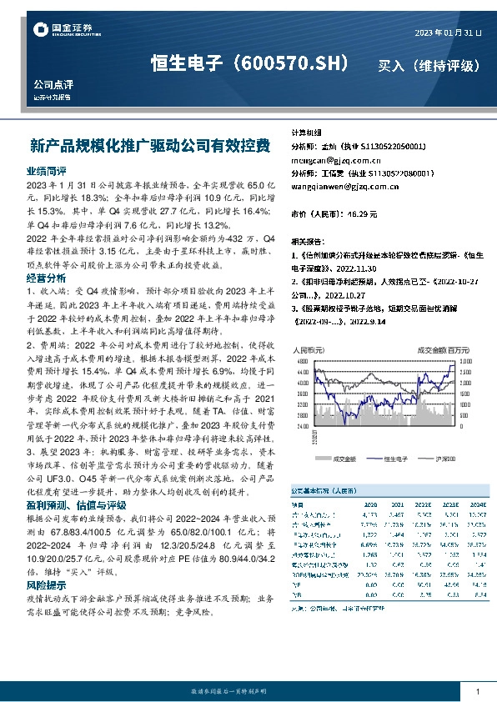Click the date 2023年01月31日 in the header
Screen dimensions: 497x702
pyautogui.click(x=447, y=33)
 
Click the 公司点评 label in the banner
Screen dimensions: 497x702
pyautogui.click(x=53, y=84)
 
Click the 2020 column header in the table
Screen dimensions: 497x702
pyautogui.click(x=371, y=504)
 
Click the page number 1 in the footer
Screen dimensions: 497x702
pyautogui.click(x=477, y=692)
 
